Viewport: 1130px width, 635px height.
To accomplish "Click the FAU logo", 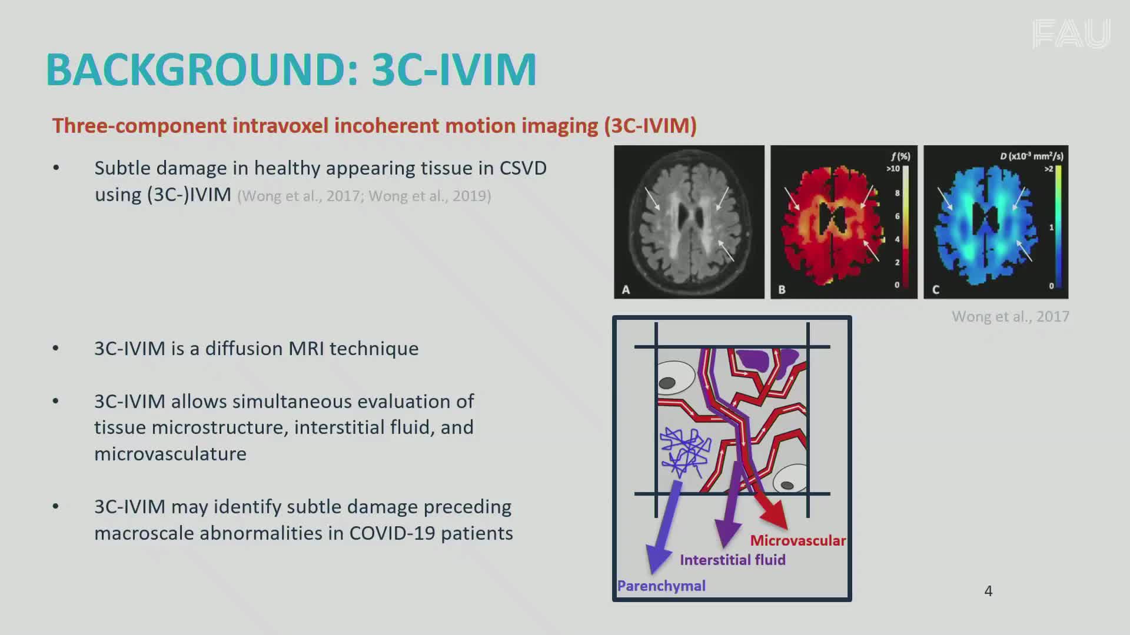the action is point(1071,34).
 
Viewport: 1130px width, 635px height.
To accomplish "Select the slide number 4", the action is point(988,591).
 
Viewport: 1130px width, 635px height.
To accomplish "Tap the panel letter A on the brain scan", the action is point(626,289).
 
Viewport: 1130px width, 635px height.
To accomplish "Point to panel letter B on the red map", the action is point(782,289).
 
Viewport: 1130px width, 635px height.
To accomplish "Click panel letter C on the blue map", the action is point(936,289).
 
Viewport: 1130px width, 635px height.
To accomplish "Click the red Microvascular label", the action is point(797,540).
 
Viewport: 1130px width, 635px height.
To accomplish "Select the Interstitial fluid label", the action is point(733,560).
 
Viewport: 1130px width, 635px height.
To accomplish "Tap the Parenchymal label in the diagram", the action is point(661,586).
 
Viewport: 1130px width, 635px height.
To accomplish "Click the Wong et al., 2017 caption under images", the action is point(1011,316).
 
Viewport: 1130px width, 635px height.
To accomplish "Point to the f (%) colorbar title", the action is point(900,156).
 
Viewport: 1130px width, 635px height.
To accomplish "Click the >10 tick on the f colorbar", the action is point(893,169).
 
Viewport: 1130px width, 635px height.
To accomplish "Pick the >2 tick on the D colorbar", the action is point(1049,169).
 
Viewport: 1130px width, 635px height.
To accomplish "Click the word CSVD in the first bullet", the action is point(523,168).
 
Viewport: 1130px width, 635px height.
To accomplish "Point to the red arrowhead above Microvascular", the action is point(775,514).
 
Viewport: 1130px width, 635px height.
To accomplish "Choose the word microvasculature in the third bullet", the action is point(170,454).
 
